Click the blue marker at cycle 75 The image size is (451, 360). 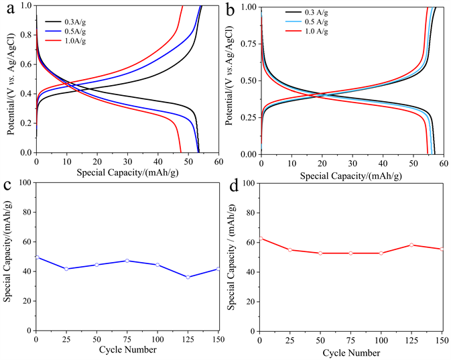pos(127,260)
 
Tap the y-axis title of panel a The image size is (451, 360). pos(9,79)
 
